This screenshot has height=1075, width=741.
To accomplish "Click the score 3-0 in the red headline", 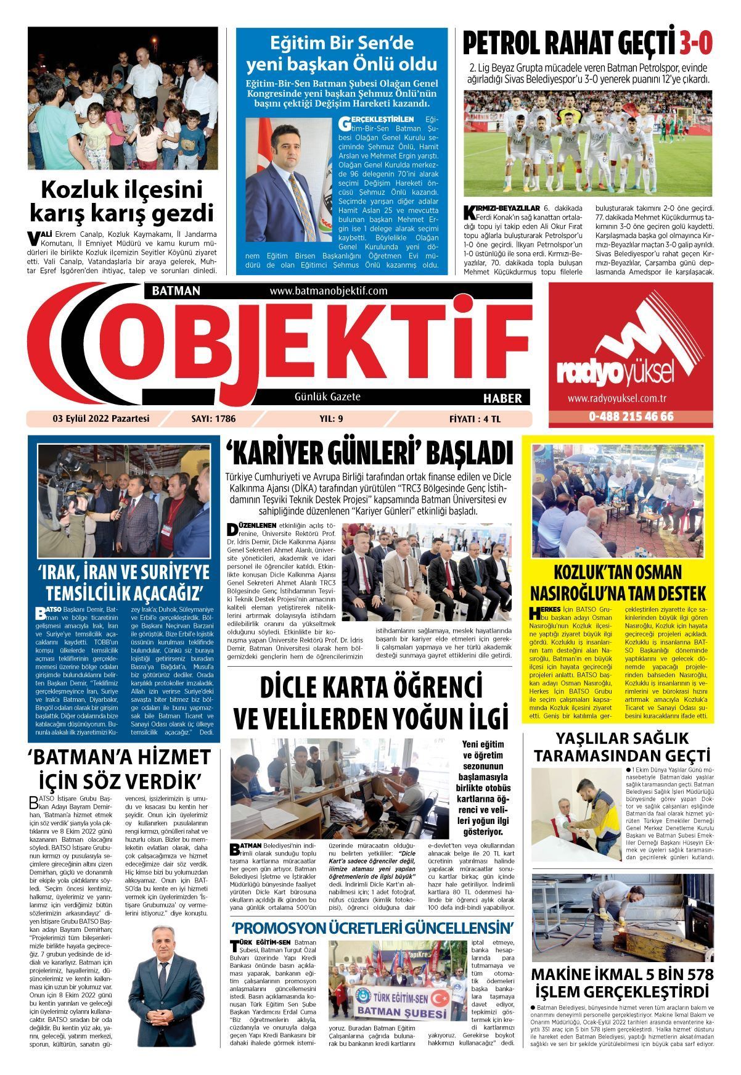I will click(696, 44).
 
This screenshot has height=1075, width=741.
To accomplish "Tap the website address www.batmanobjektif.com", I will click(328, 290).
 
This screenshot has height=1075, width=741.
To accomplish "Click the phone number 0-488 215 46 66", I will click(631, 416).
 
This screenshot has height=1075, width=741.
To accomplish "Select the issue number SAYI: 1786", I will click(213, 419).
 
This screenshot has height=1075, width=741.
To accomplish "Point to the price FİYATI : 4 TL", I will click(475, 419).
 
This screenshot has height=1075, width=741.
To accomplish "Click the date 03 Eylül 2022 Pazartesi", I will click(102, 419).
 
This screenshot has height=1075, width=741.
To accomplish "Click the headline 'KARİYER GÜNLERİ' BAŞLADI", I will click(369, 453).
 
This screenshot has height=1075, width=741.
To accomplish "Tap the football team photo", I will click(587, 143).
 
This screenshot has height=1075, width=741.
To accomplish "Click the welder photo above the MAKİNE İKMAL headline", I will click(622, 917).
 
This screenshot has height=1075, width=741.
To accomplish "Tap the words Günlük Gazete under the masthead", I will click(327, 397).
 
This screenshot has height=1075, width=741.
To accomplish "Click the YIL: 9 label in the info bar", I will click(331, 419).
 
